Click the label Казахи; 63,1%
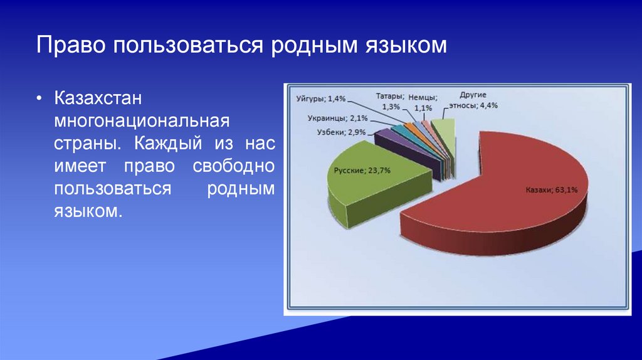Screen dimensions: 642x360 [x=552, y=190]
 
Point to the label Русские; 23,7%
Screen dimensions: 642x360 [x=362, y=171]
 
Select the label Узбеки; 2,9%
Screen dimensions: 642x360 [x=341, y=132]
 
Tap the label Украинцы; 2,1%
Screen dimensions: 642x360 [x=338, y=119]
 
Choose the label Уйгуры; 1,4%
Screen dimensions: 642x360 [x=321, y=98]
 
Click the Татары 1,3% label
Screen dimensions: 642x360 [x=390, y=102]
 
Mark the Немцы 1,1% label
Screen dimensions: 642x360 [x=423, y=103]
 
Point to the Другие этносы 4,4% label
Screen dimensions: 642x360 [x=473, y=100]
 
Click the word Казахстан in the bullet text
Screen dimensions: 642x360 [x=98, y=98]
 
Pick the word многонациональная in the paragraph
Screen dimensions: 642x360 [x=142, y=121]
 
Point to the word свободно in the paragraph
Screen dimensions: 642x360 [x=233, y=166]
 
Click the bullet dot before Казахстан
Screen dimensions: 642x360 [x=39, y=98]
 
